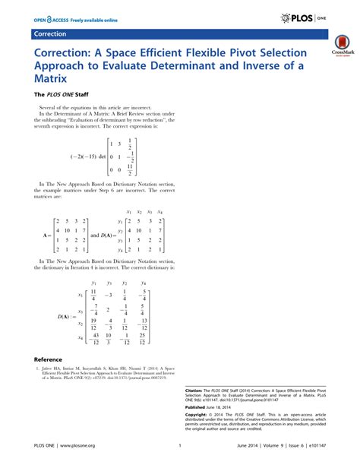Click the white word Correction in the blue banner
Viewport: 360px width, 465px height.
[x=50, y=35]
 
